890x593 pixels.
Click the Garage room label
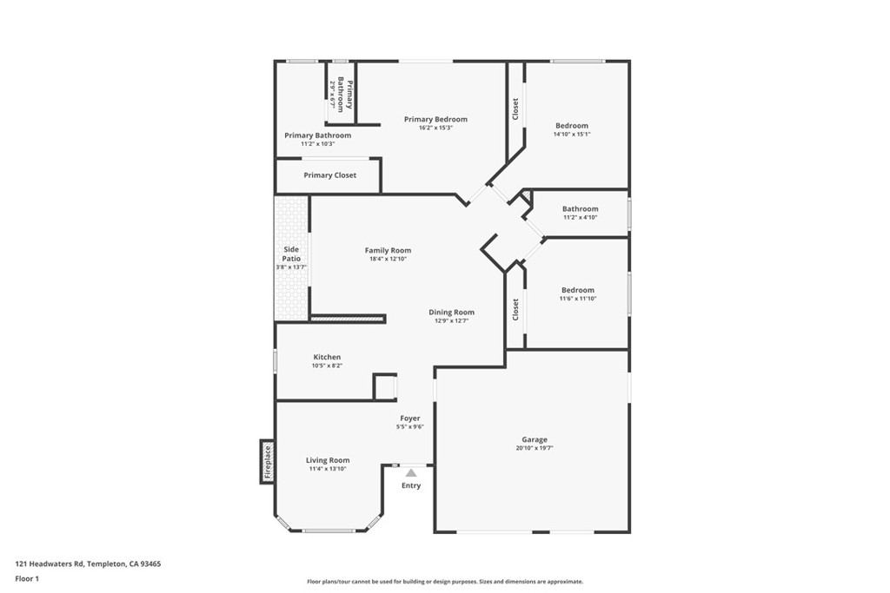pyautogui.click(x=535, y=439)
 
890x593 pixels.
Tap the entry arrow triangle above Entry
pyautogui.click(x=411, y=473)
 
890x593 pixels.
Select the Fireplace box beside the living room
pyautogui.click(x=268, y=462)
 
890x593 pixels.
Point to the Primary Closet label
pyautogui.click(x=329, y=175)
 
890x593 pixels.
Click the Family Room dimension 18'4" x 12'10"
pyautogui.click(x=389, y=259)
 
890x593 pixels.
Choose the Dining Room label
pyautogui.click(x=451, y=312)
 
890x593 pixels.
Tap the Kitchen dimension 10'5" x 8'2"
pyautogui.click(x=327, y=366)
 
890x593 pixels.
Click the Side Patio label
pyautogui.click(x=291, y=254)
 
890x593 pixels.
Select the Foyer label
pyautogui.click(x=410, y=418)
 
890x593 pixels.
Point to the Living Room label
pyautogui.click(x=328, y=460)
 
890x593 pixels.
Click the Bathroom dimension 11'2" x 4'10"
pyautogui.click(x=580, y=217)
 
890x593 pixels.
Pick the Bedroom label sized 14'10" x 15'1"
pyautogui.click(x=572, y=126)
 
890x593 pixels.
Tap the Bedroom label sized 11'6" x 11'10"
pyautogui.click(x=578, y=290)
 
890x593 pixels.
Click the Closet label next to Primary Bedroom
pyautogui.click(x=515, y=109)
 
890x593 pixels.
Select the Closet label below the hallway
pyautogui.click(x=515, y=310)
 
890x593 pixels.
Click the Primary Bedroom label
pyautogui.click(x=436, y=119)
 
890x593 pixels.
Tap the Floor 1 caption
pyautogui.click(x=27, y=579)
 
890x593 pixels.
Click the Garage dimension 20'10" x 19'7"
pyautogui.click(x=535, y=448)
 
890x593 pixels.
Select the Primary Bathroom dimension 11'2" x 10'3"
pyautogui.click(x=318, y=144)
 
